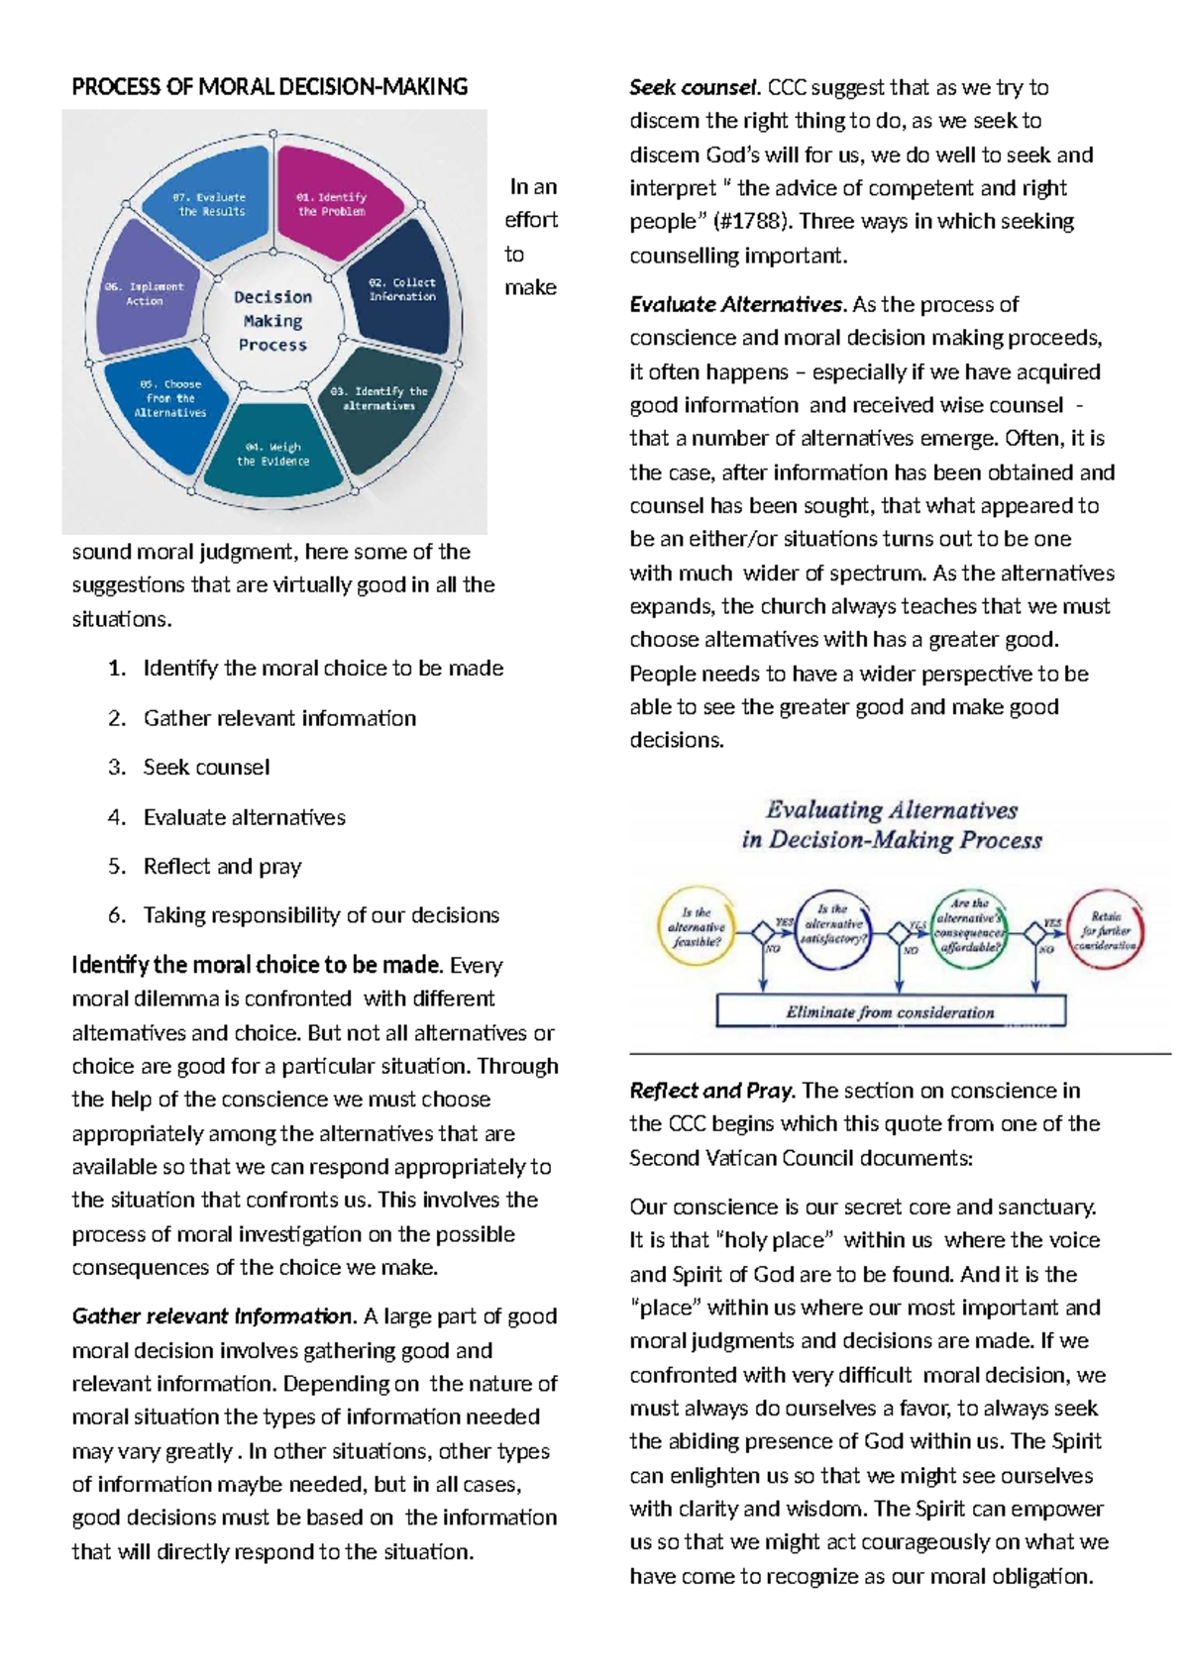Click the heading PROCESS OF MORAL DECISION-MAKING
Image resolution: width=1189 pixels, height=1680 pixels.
point(270,87)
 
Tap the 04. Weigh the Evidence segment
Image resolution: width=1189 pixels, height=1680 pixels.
point(273,456)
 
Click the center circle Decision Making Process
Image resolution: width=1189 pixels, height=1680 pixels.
point(272,320)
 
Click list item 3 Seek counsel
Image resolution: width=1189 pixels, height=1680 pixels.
point(206,768)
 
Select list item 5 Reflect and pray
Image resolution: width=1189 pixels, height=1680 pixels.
point(222,867)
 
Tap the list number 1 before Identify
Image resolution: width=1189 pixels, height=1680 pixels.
point(117,669)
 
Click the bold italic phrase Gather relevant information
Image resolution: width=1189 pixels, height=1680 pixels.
point(212,1316)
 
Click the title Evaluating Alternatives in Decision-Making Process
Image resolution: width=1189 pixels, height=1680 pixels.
point(892,825)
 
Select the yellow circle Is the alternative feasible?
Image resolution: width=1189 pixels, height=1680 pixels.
point(697,927)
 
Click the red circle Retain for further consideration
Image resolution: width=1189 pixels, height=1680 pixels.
point(1107,930)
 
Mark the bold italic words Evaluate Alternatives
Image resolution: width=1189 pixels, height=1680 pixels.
point(737,305)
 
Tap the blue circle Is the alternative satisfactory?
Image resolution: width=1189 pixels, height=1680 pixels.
point(833,927)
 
